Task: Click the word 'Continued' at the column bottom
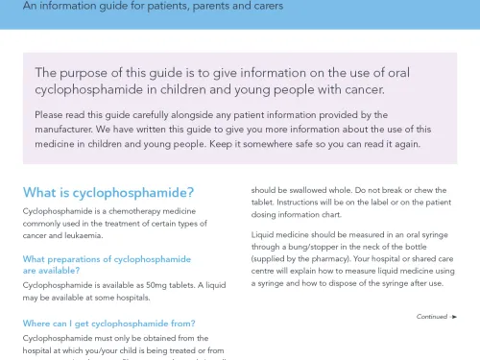pyautogui.click(x=432, y=316)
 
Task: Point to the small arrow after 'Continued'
pyautogui.click(x=454, y=316)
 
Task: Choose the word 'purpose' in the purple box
pyautogui.click(x=88, y=73)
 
